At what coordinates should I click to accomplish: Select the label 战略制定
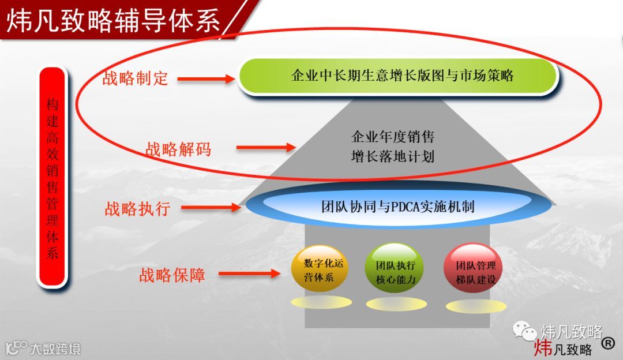point(135,78)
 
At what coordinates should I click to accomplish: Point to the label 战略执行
point(137,209)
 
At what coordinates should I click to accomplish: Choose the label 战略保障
point(172,275)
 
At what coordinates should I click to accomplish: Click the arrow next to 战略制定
point(206,79)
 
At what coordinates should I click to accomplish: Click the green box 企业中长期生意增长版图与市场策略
point(398,76)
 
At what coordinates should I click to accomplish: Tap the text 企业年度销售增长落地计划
point(392,147)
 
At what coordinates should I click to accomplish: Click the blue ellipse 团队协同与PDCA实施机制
point(397,207)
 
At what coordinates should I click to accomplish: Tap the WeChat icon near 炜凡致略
point(524,331)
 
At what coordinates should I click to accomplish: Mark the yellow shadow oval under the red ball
point(475,305)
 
